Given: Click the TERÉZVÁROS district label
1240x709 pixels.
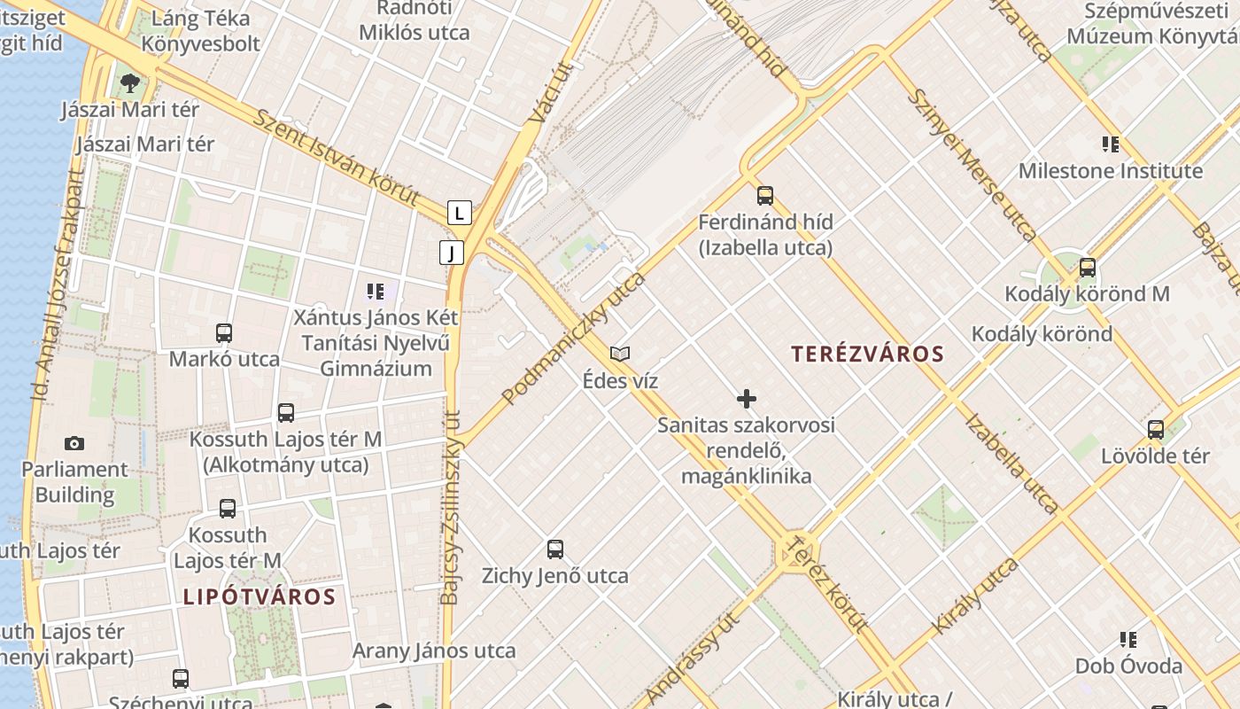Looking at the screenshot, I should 867,354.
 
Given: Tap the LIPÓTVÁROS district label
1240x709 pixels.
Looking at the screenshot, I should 260,596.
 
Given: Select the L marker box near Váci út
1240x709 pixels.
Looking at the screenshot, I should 459,213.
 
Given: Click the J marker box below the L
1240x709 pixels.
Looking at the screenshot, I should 452,253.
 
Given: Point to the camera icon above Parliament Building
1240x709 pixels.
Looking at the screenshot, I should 74,443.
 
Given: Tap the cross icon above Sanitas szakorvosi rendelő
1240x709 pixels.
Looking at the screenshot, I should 747,399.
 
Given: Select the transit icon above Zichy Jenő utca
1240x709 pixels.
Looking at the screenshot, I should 555,549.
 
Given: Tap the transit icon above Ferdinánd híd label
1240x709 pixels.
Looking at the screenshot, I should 765,196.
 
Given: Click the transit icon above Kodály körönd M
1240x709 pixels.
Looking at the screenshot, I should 1088,268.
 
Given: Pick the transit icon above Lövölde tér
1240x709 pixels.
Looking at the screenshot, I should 1156,430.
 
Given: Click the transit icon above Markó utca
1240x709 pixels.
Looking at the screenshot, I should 224,333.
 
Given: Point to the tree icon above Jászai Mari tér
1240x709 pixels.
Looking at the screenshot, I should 131,83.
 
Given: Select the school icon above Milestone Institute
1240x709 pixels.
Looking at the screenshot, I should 1110,144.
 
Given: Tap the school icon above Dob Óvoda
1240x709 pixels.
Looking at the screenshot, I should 1128,639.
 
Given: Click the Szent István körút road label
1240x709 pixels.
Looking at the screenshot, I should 336,158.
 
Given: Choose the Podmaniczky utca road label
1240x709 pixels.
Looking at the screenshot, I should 574,339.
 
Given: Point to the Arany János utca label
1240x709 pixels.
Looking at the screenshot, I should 434,651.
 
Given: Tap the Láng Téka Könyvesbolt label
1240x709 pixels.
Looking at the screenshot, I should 201,31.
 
